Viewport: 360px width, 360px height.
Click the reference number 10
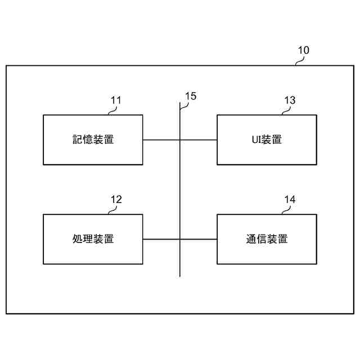coord(303,50)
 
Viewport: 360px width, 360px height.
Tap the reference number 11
coord(116,100)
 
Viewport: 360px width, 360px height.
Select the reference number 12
coord(116,199)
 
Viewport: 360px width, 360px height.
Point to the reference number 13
coord(290,100)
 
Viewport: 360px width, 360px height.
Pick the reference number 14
coord(290,199)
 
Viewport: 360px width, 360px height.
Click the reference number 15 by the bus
coord(191,96)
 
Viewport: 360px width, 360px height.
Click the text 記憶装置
coord(93,139)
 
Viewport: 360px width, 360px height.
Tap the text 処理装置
coord(93,238)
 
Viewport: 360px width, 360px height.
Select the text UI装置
coord(267,139)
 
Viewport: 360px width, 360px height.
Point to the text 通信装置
coord(267,238)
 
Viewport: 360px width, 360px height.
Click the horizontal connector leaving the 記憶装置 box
coord(161,139)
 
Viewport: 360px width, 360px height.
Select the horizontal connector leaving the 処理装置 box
coord(161,239)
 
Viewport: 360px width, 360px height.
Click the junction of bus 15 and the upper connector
coord(180,139)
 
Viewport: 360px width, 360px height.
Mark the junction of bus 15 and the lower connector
coord(180,239)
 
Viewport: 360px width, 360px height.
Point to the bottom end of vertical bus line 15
coord(180,276)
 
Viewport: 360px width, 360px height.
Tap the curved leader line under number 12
coord(112,210)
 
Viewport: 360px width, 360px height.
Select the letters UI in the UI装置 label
coord(255,139)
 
